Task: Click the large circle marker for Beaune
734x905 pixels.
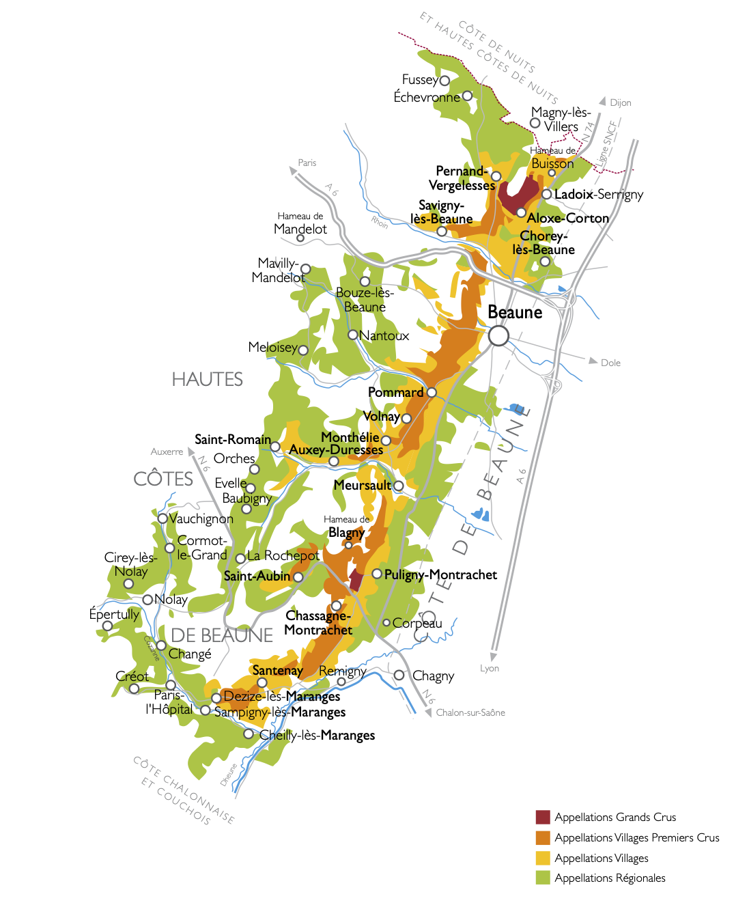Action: tap(498, 335)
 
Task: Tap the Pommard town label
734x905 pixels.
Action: tap(395, 392)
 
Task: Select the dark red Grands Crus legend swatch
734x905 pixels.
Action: tap(543, 817)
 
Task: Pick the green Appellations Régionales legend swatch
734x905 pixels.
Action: tap(543, 878)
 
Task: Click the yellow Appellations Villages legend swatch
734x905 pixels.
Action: tap(543, 858)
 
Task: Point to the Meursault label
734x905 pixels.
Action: tap(362, 485)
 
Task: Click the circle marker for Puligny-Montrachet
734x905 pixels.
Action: tap(377, 574)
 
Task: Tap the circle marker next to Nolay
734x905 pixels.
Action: tap(147, 600)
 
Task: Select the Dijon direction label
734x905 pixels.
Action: tap(620, 102)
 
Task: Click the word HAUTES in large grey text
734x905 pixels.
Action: tap(207, 379)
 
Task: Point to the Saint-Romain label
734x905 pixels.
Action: tap(232, 439)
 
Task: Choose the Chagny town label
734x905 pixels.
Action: tap(433, 676)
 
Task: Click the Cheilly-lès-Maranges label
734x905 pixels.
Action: tap(317, 735)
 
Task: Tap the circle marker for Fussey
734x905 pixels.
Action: tap(444, 81)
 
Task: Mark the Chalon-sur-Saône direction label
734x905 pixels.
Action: tap(470, 712)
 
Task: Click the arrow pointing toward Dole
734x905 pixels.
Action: tap(593, 361)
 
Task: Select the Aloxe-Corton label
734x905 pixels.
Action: tap(567, 218)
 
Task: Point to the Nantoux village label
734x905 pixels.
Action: tap(384, 335)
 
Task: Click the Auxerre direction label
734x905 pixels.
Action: tap(167, 451)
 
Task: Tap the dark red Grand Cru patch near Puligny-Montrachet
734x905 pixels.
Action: tap(356, 580)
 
